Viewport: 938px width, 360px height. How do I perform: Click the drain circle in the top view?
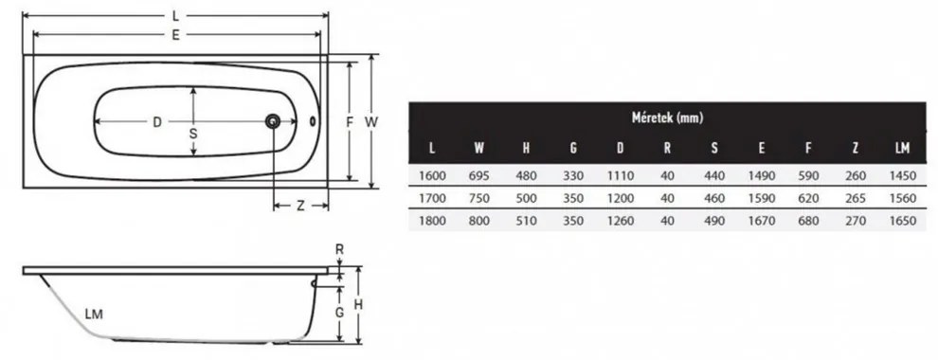pos(273,121)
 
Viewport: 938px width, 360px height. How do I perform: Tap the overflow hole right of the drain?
pos(313,121)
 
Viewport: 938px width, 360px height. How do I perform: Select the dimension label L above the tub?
pos(174,15)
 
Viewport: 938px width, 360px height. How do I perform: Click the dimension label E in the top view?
pos(175,35)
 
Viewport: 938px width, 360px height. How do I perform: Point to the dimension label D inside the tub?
pos(156,122)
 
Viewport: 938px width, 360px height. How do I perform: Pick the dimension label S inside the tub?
pos(193,134)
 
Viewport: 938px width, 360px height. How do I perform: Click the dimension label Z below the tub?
pos(301,206)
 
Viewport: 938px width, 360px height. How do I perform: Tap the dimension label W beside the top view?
pos(371,122)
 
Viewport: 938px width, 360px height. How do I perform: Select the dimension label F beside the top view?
pos(350,122)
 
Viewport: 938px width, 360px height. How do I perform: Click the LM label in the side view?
pos(94,314)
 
